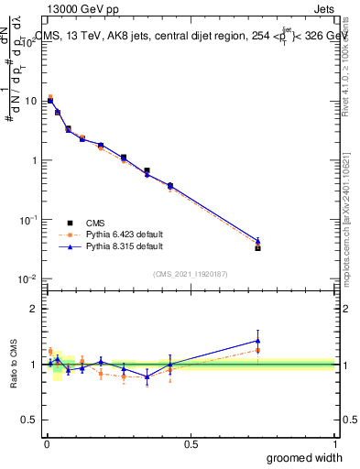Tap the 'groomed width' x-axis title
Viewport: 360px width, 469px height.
pos(306,457)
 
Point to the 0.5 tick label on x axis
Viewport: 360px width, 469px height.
pos(191,444)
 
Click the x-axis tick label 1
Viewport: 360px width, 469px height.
pos(334,444)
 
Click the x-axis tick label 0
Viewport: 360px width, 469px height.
pos(47,444)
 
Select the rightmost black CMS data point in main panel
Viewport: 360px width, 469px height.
pos(257,248)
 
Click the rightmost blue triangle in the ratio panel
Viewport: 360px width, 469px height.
pos(257,341)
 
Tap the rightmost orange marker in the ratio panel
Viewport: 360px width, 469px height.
pos(257,350)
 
